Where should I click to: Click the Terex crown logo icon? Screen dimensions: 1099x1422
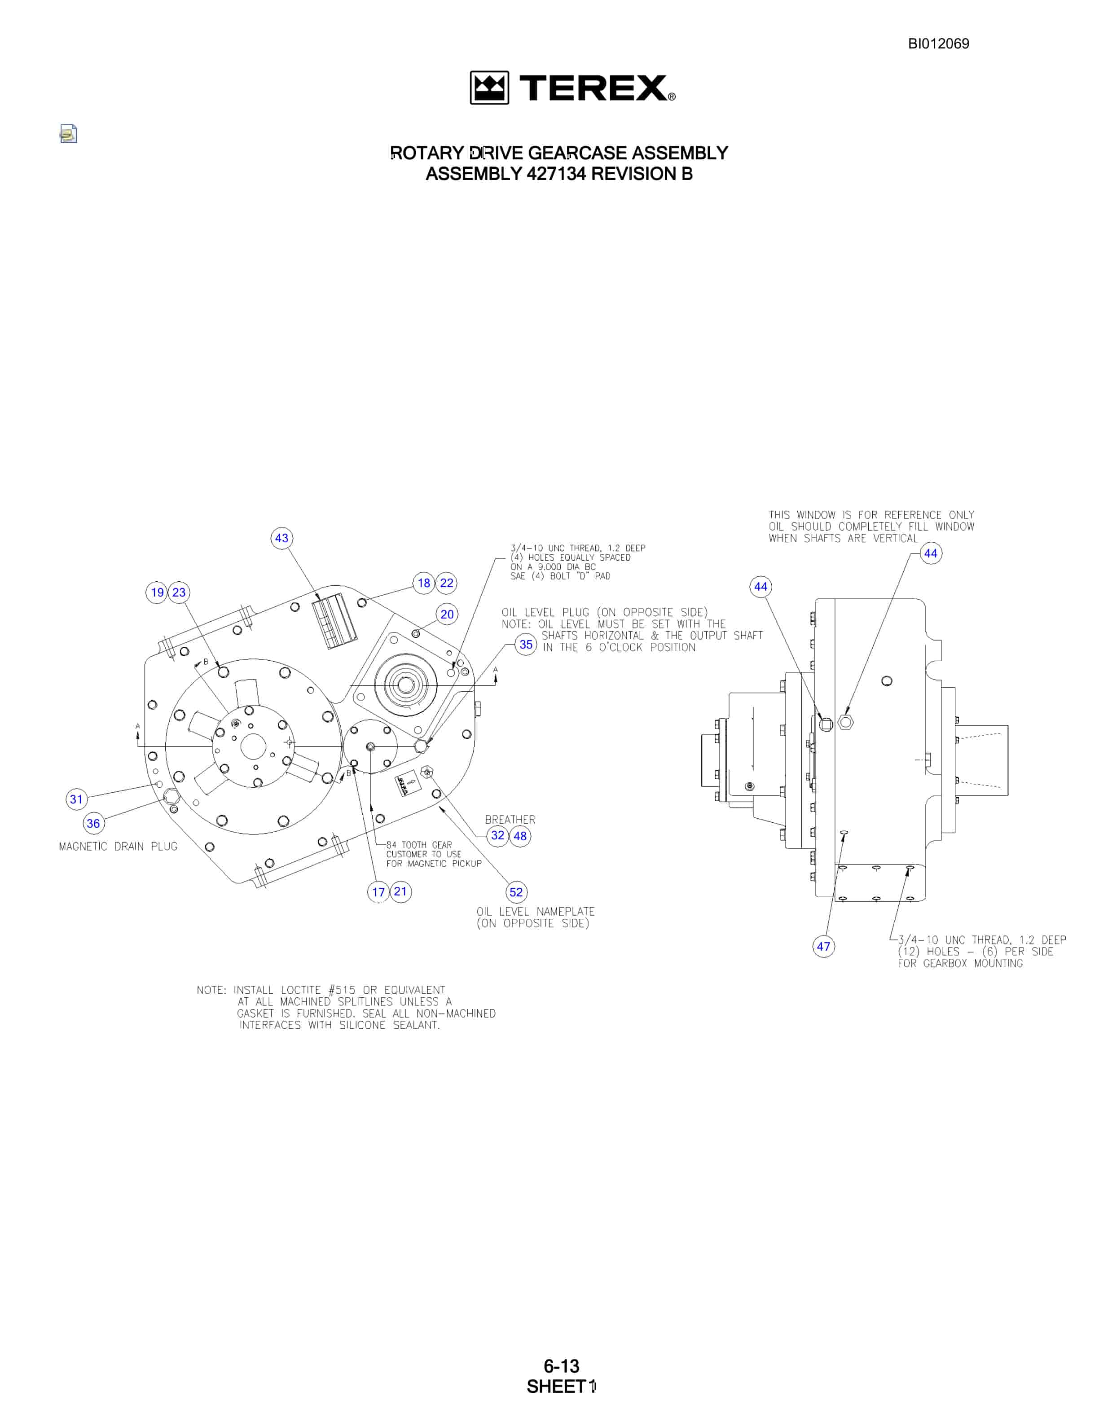point(489,88)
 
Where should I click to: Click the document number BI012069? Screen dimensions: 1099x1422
point(938,44)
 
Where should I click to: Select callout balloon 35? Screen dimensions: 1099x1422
point(525,645)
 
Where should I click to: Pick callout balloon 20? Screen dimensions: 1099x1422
point(447,614)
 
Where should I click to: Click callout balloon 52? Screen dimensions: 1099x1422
point(516,892)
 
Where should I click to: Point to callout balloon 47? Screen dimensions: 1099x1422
point(824,946)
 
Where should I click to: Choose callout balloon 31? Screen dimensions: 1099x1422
point(77,799)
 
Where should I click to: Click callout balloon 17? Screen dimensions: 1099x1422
point(378,892)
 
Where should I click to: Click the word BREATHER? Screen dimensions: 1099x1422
point(510,820)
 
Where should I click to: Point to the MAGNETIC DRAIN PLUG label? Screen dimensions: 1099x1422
point(118,847)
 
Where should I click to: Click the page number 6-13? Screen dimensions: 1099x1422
point(561,1365)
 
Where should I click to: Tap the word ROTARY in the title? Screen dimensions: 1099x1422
point(427,153)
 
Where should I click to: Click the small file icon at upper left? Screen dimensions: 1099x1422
point(68,133)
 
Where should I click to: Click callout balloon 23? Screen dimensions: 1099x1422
point(179,592)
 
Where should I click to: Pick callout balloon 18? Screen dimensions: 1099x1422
point(424,583)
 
